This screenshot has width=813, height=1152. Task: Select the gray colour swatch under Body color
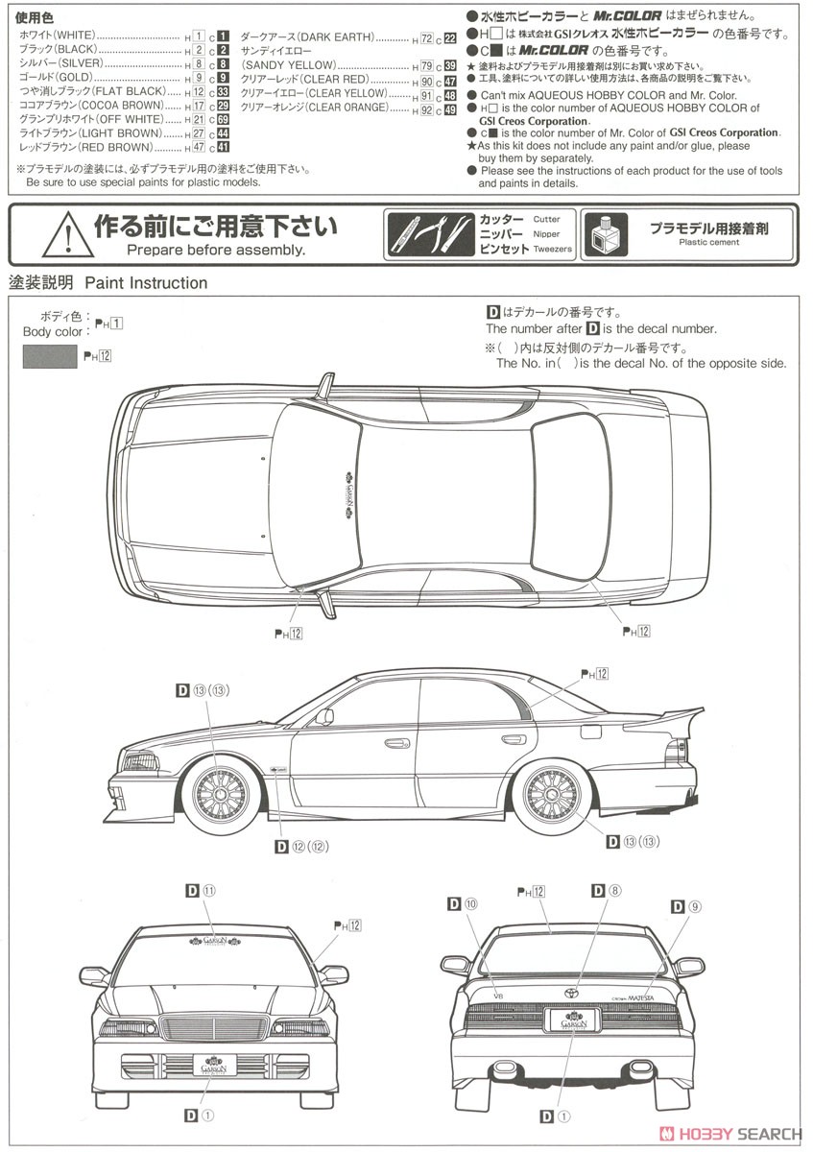click(49, 356)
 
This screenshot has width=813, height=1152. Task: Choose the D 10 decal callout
click(462, 904)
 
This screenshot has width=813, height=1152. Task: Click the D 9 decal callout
click(687, 906)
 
